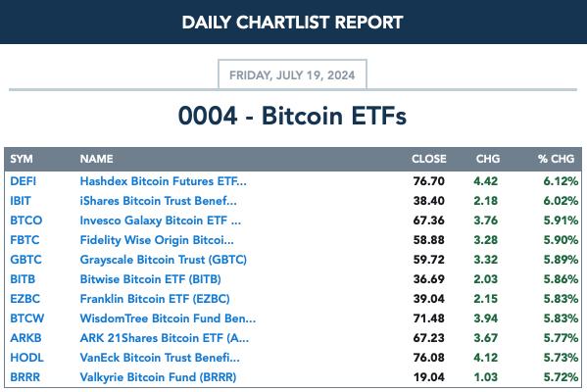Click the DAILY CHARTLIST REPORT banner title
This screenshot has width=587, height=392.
[x=292, y=23]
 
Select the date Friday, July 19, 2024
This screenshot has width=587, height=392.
[x=292, y=75]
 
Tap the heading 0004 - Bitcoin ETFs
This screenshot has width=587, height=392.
[x=292, y=116]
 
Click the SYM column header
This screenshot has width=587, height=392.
[x=22, y=159]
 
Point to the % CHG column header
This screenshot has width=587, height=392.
[x=556, y=159]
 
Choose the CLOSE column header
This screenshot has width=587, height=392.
[x=429, y=159]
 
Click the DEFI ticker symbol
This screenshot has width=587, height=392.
[x=24, y=181]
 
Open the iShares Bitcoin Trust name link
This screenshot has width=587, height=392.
[x=159, y=201]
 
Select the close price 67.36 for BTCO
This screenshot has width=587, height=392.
[x=429, y=220]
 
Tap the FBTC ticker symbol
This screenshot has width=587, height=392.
[x=24, y=240]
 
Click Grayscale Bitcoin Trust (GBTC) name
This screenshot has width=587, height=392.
[x=164, y=260]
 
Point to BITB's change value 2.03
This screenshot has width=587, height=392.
[x=485, y=279]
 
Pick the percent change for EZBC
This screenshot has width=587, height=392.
[x=561, y=299]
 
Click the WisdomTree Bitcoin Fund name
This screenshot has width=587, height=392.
[x=168, y=318]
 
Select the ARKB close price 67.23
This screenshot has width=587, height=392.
[x=429, y=338]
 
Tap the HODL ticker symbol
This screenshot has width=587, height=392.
[x=27, y=358]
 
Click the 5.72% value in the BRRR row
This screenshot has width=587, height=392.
[x=561, y=377]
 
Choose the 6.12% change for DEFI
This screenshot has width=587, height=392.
[x=561, y=181]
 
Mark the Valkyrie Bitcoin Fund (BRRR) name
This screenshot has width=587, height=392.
[x=158, y=377]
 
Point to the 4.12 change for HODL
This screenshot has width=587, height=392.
[x=485, y=358]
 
